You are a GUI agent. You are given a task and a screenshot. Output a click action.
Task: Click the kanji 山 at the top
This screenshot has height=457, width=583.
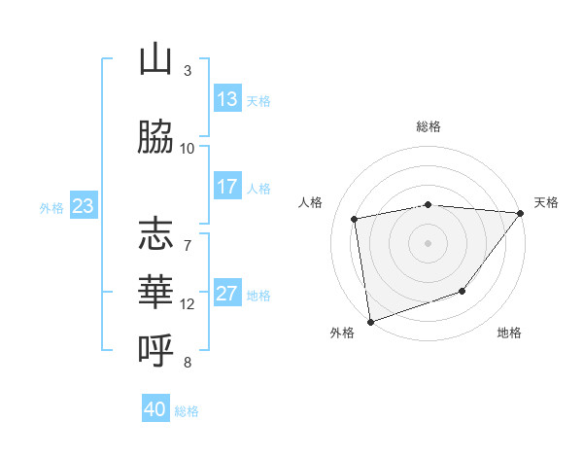155,60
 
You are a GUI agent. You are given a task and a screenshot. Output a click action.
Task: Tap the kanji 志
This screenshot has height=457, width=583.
155,234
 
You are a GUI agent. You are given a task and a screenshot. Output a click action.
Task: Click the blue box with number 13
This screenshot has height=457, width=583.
227,99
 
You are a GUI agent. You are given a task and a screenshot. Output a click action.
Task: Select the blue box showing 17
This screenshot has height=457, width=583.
227,187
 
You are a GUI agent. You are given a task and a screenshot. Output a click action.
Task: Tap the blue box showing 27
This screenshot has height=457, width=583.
227,294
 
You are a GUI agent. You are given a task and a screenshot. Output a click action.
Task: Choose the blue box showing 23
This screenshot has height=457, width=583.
83,206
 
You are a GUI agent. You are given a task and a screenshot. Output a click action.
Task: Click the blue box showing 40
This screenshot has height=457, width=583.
155,409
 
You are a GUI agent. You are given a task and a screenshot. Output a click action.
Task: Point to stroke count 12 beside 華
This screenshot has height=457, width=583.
188,304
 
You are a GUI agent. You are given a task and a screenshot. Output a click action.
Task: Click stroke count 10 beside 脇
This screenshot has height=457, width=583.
188,148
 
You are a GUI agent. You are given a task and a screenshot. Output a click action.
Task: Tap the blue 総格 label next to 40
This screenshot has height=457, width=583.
187,411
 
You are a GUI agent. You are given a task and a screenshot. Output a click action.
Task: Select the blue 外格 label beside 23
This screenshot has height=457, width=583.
51,207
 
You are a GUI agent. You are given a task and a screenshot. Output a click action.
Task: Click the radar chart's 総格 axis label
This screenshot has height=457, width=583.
429,127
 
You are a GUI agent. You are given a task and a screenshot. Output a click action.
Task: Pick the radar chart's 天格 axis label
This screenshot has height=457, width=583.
547,202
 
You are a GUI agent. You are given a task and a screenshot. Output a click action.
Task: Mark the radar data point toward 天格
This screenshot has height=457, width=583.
520,213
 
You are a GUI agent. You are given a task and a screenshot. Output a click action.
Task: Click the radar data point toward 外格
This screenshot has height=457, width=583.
370,321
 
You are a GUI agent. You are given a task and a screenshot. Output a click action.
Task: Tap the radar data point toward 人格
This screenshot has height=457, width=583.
355,219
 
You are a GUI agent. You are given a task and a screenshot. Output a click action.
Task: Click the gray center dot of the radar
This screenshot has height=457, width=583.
428,242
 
